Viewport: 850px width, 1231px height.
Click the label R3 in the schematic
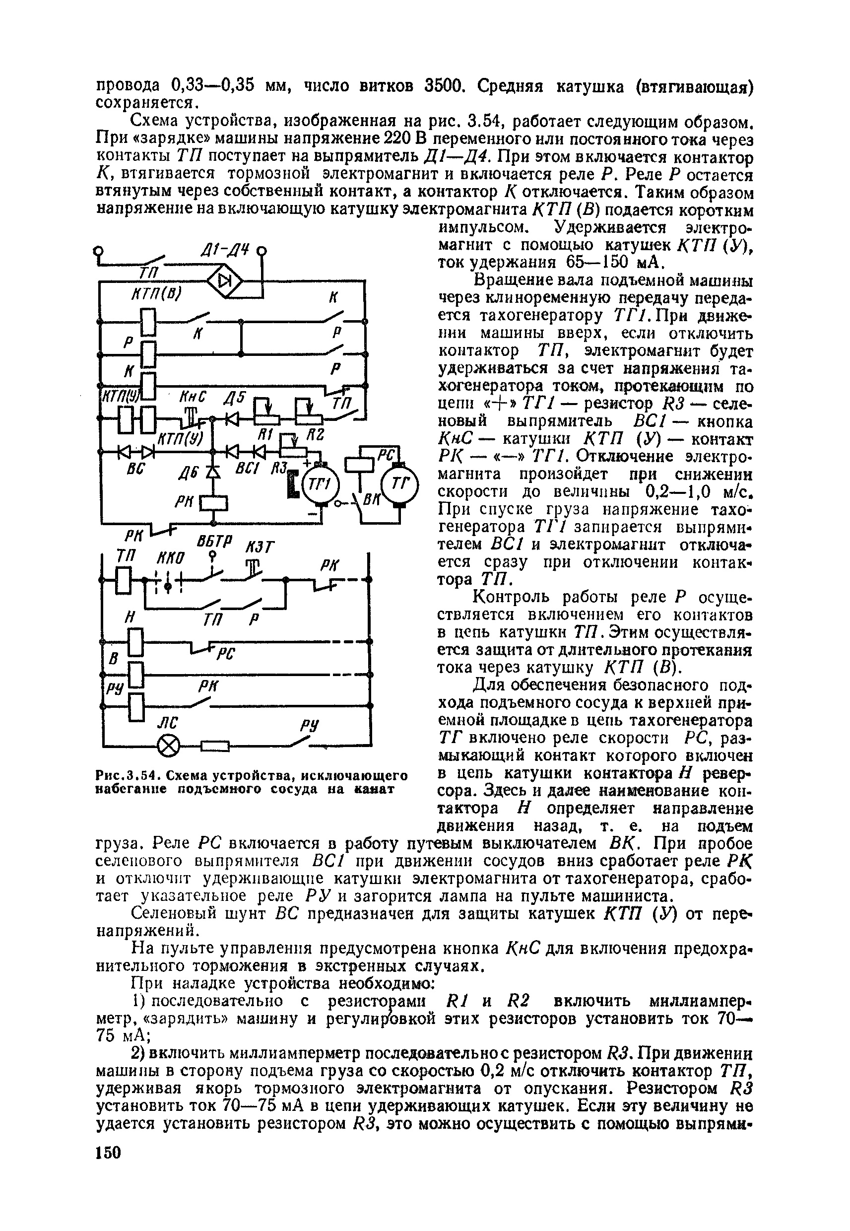coord(279,468)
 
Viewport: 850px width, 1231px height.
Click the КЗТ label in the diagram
coord(259,547)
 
